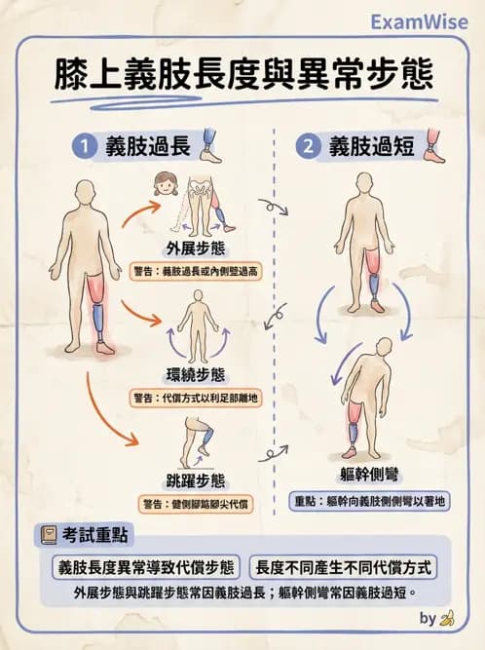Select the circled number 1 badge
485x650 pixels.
point(85,147)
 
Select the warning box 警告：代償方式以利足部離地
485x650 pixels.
point(196,397)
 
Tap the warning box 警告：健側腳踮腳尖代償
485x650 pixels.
point(196,504)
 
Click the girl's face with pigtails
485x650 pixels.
point(163,183)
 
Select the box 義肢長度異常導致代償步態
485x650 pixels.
point(146,567)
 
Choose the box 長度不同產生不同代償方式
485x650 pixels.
point(344,567)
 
